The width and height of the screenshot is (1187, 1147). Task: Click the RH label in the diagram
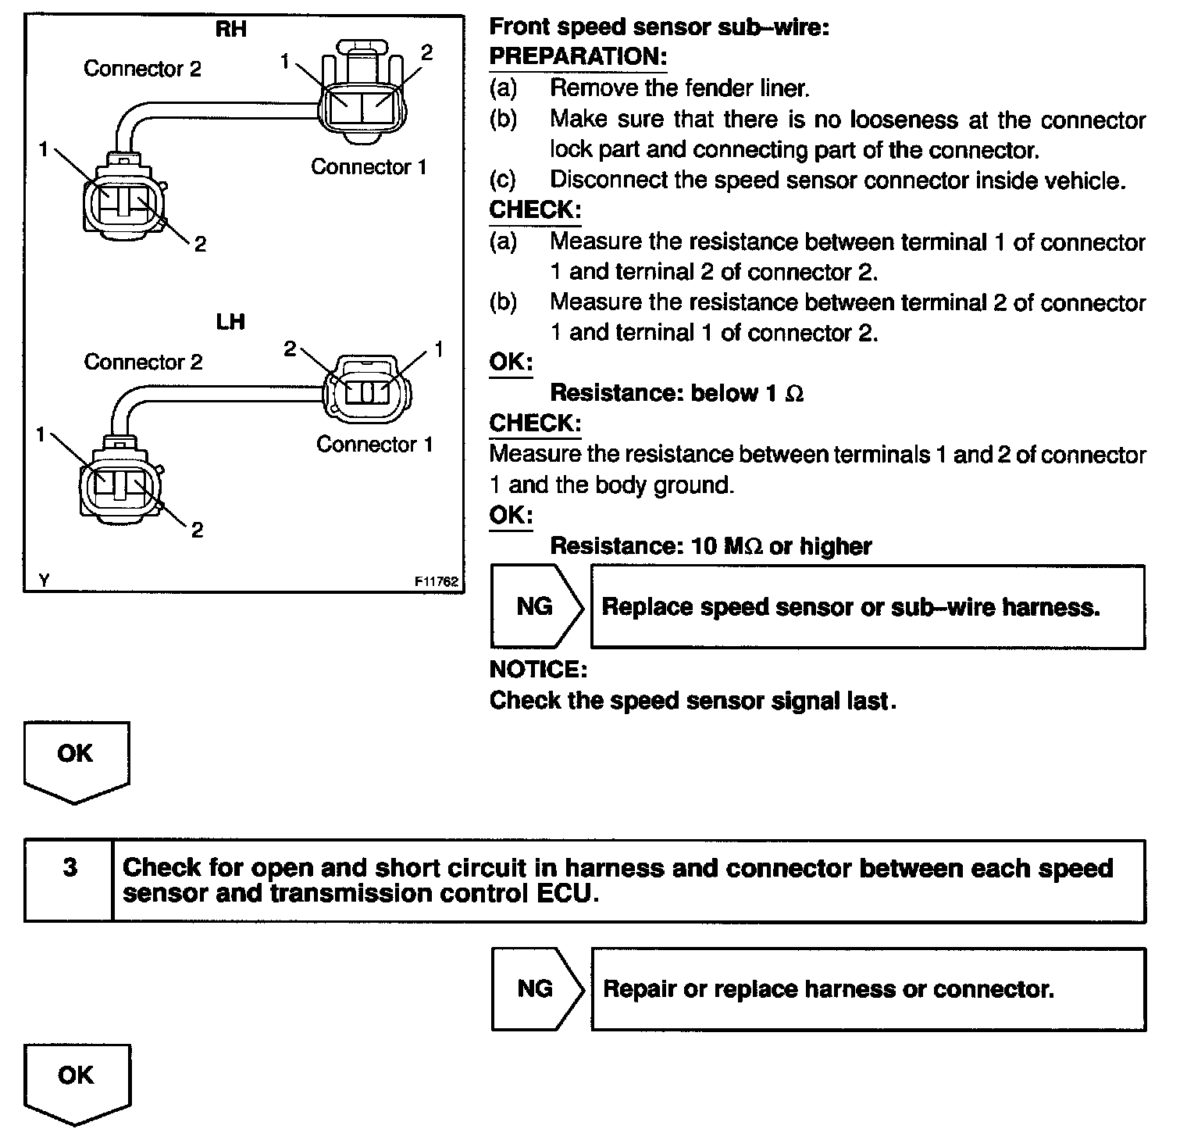(x=230, y=30)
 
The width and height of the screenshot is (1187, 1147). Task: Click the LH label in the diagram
(x=230, y=321)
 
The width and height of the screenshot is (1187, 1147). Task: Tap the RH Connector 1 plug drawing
(x=364, y=98)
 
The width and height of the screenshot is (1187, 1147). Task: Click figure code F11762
(x=437, y=581)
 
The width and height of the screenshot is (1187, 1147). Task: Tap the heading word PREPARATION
(x=578, y=57)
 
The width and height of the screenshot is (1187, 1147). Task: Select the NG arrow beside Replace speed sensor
(x=536, y=607)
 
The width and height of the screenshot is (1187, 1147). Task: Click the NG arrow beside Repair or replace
(x=536, y=989)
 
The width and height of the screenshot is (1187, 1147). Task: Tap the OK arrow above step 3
(x=76, y=759)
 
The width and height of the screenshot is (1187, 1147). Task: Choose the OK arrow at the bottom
(x=76, y=1082)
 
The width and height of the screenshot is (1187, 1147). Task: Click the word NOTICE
(x=537, y=670)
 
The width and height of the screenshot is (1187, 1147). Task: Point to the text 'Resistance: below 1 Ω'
(x=676, y=393)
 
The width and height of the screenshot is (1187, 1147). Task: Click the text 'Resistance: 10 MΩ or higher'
(x=711, y=546)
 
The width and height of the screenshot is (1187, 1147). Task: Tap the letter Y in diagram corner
(x=44, y=581)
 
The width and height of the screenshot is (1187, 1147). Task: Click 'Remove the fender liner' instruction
(x=679, y=88)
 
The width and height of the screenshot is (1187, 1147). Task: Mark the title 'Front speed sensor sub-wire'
(x=658, y=27)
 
